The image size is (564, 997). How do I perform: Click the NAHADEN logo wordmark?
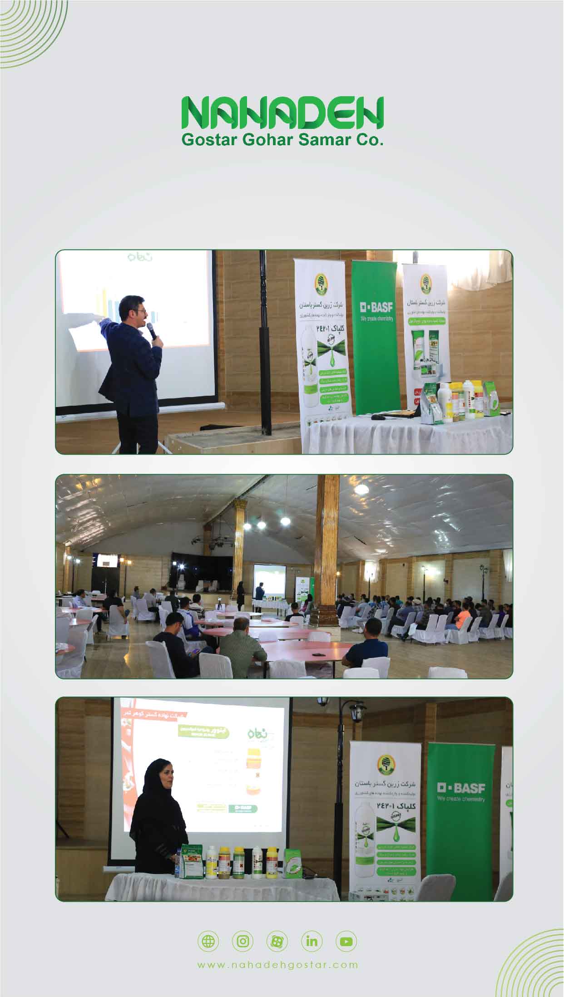282,112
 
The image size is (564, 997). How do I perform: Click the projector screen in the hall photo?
269,579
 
